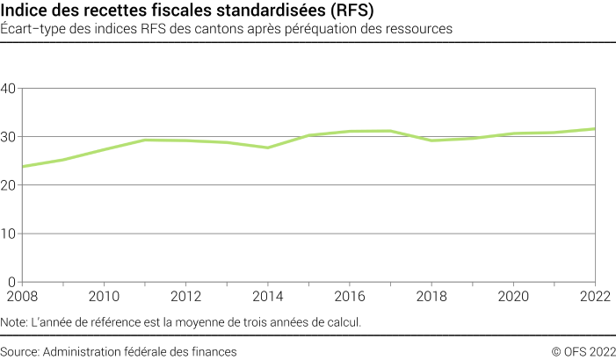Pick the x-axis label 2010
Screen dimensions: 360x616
(104, 296)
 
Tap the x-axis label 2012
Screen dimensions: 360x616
(185, 296)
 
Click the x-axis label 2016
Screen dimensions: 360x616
(350, 296)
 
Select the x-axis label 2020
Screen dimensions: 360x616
(513, 296)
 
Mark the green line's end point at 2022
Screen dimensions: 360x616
(595, 129)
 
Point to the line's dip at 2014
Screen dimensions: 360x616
(267, 148)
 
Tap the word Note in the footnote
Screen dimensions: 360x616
(15, 322)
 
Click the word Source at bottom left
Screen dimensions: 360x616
(20, 351)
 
